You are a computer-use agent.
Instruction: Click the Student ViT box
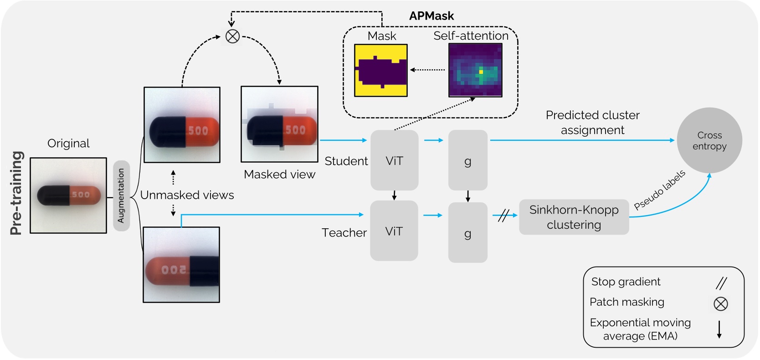click(394, 160)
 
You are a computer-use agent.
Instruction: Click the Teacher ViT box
click(394, 231)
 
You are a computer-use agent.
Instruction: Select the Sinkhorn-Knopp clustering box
click(574, 217)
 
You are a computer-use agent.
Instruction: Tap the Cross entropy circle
click(709, 140)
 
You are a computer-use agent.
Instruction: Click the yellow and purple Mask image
click(381, 70)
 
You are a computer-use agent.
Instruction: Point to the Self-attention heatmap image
click(475, 70)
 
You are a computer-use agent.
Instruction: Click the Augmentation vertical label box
click(121, 196)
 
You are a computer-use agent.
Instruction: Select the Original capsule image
click(68, 195)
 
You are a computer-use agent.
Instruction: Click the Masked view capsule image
click(279, 124)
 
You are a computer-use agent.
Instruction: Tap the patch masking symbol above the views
click(233, 36)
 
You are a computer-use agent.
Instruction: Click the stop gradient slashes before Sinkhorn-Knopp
click(503, 215)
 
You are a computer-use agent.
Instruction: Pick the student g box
click(467, 160)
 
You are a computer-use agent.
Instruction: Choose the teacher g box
click(467, 232)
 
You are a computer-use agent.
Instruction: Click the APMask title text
click(431, 16)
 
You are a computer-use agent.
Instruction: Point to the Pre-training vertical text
click(16, 193)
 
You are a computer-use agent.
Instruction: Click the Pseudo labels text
click(659, 190)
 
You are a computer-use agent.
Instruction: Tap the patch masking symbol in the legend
click(720, 304)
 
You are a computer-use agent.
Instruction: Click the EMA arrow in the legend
click(719, 329)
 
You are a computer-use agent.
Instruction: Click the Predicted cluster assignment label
click(592, 123)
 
